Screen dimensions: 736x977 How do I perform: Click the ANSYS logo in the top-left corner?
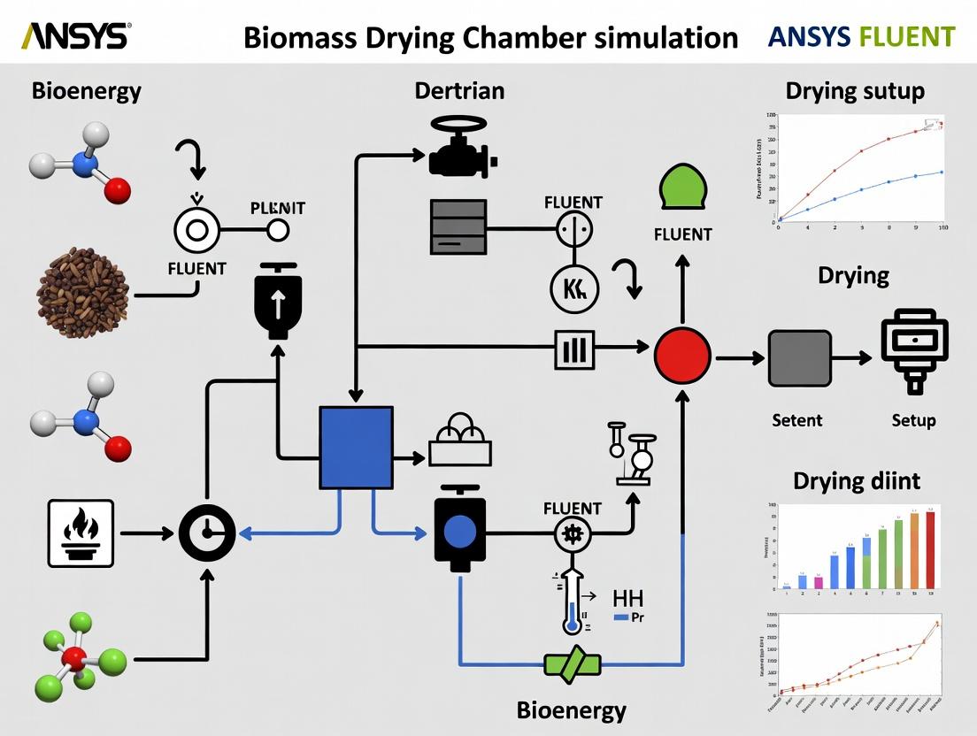coord(74,36)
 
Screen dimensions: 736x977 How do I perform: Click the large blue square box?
coord(356,448)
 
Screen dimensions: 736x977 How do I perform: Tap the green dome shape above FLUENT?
coord(682,190)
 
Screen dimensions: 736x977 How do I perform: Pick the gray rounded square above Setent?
coord(799,358)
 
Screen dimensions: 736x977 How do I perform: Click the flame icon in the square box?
coord(80,533)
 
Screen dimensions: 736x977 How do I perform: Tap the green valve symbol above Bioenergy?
coord(573,663)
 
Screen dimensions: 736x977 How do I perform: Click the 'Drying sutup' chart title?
coord(854,90)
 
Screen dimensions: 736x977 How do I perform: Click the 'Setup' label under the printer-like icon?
coord(913,420)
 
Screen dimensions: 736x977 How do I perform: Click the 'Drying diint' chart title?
coord(856,480)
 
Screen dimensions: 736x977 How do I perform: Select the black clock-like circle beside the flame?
coord(207,533)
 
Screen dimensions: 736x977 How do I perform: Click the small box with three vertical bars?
coord(574,349)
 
